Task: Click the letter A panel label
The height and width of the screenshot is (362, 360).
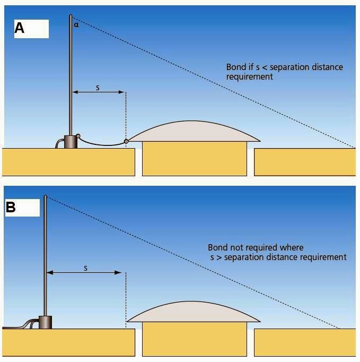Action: coord(20,28)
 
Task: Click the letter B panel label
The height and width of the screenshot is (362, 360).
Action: coord(11,207)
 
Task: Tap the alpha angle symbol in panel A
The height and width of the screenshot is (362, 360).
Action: coord(76,24)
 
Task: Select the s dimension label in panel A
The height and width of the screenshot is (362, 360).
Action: coord(98,87)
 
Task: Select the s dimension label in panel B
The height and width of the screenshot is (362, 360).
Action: coord(86,268)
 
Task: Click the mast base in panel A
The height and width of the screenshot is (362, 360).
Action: coord(70,142)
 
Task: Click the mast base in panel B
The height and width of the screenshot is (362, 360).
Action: coord(46,322)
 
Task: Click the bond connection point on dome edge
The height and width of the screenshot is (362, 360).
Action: coord(126,141)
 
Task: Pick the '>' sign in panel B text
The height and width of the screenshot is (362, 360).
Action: coord(218,257)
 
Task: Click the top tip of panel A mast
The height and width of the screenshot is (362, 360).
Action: coord(71,16)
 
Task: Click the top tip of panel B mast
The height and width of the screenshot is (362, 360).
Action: coord(45,196)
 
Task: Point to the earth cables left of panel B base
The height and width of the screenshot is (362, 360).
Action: coord(21,325)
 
